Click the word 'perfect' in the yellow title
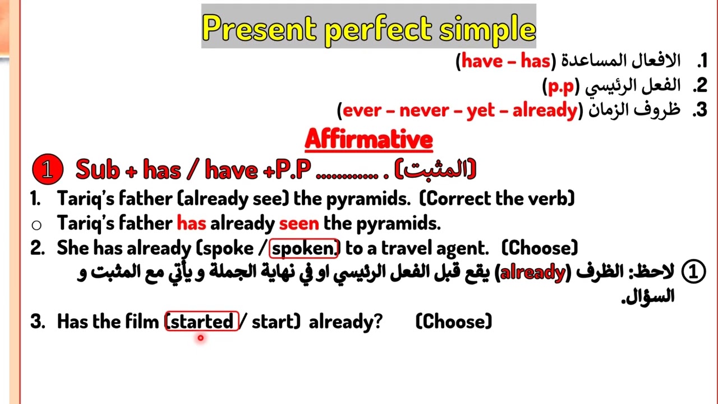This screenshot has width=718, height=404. click(378, 30)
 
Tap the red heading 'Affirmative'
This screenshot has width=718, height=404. click(369, 140)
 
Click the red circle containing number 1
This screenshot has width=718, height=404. click(48, 169)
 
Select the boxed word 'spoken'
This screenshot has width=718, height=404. click(303, 249)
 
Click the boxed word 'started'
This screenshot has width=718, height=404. click(201, 321)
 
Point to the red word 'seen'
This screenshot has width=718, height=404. click(299, 223)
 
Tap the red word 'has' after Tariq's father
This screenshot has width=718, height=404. click(191, 223)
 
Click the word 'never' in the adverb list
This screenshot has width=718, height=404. click(424, 111)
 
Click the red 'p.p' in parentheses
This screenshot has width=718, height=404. click(561, 86)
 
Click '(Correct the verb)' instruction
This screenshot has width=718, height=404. click(497, 199)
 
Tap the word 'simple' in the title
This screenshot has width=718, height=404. click(487, 30)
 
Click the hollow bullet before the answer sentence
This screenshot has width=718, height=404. click(36, 225)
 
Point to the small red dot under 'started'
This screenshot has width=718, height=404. click(201, 338)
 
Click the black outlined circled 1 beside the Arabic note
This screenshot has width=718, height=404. click(693, 271)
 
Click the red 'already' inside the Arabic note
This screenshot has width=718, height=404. click(533, 273)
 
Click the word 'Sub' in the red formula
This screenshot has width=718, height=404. click(98, 169)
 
